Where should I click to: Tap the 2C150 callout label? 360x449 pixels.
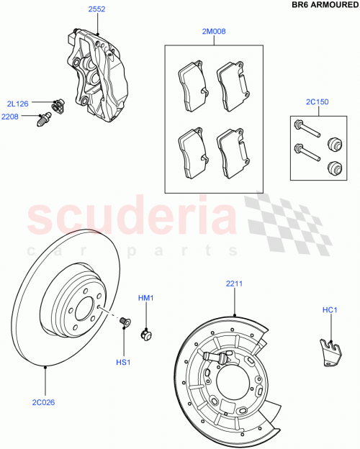[318, 103]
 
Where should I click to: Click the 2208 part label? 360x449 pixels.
[11, 117]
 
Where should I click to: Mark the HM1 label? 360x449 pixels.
[146, 298]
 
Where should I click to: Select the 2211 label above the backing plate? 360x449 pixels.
[234, 284]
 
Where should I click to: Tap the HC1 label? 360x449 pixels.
[330, 311]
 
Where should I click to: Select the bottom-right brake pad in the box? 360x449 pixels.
[233, 152]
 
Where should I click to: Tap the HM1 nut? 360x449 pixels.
[146, 333]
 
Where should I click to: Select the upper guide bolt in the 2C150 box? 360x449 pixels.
[305, 130]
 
